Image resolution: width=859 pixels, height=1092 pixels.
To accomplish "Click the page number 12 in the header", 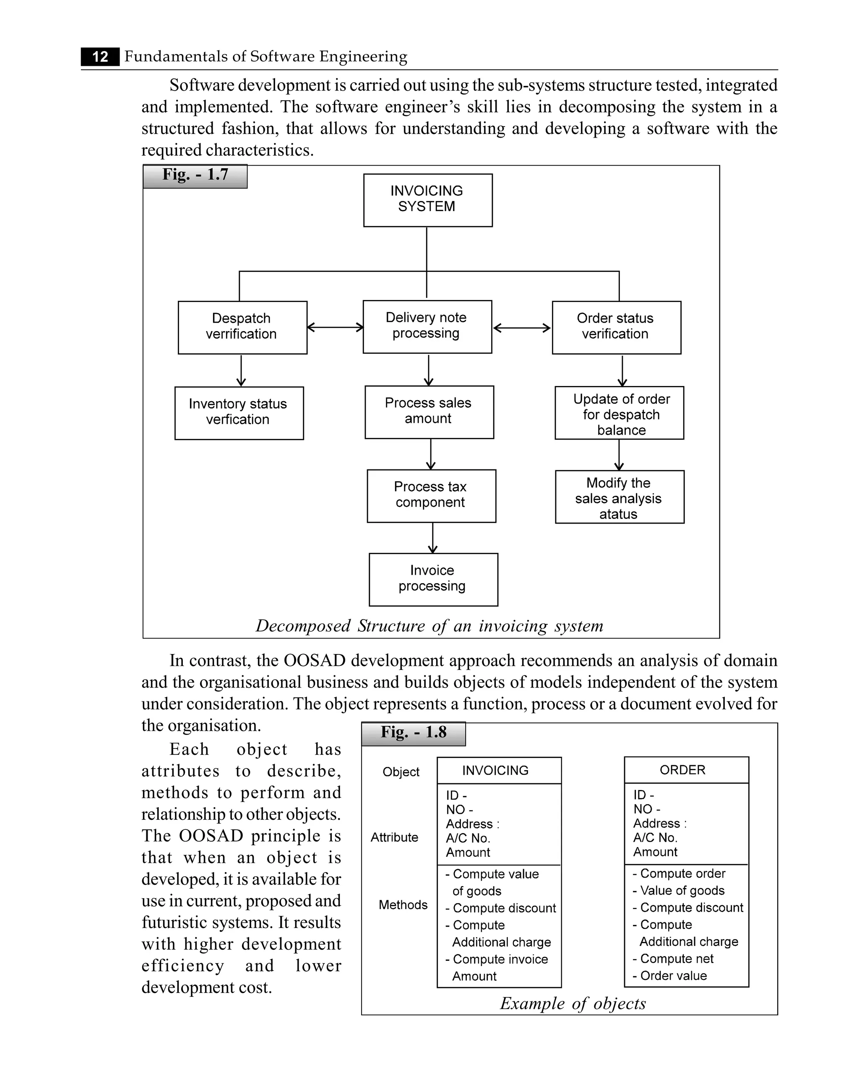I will tap(100, 56).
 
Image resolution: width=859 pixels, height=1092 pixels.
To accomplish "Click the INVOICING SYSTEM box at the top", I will tap(427, 200).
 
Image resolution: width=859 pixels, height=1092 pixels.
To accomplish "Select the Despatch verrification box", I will tap(242, 328).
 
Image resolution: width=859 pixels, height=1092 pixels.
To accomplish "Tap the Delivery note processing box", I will tap(427, 326).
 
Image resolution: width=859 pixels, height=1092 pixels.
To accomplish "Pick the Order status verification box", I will tap(616, 328).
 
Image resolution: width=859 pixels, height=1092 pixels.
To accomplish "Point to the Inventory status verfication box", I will tap(239, 413).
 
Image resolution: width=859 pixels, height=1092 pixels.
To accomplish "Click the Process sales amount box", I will tap(429, 412).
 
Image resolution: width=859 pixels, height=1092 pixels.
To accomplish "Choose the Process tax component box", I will tap(431, 496).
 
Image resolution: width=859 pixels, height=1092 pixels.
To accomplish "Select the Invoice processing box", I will tap(433, 579).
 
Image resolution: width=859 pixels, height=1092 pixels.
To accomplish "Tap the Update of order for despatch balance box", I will tap(619, 413).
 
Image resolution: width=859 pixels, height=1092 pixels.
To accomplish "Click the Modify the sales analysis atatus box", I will tap(619, 497).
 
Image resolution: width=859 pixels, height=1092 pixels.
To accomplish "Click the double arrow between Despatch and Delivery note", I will tap(335, 328).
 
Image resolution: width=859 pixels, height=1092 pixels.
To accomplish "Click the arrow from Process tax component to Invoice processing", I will tap(432, 538).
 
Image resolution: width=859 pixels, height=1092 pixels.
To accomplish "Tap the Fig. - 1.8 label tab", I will tap(414, 734).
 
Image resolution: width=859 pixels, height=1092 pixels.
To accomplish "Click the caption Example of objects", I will tap(573, 1003).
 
